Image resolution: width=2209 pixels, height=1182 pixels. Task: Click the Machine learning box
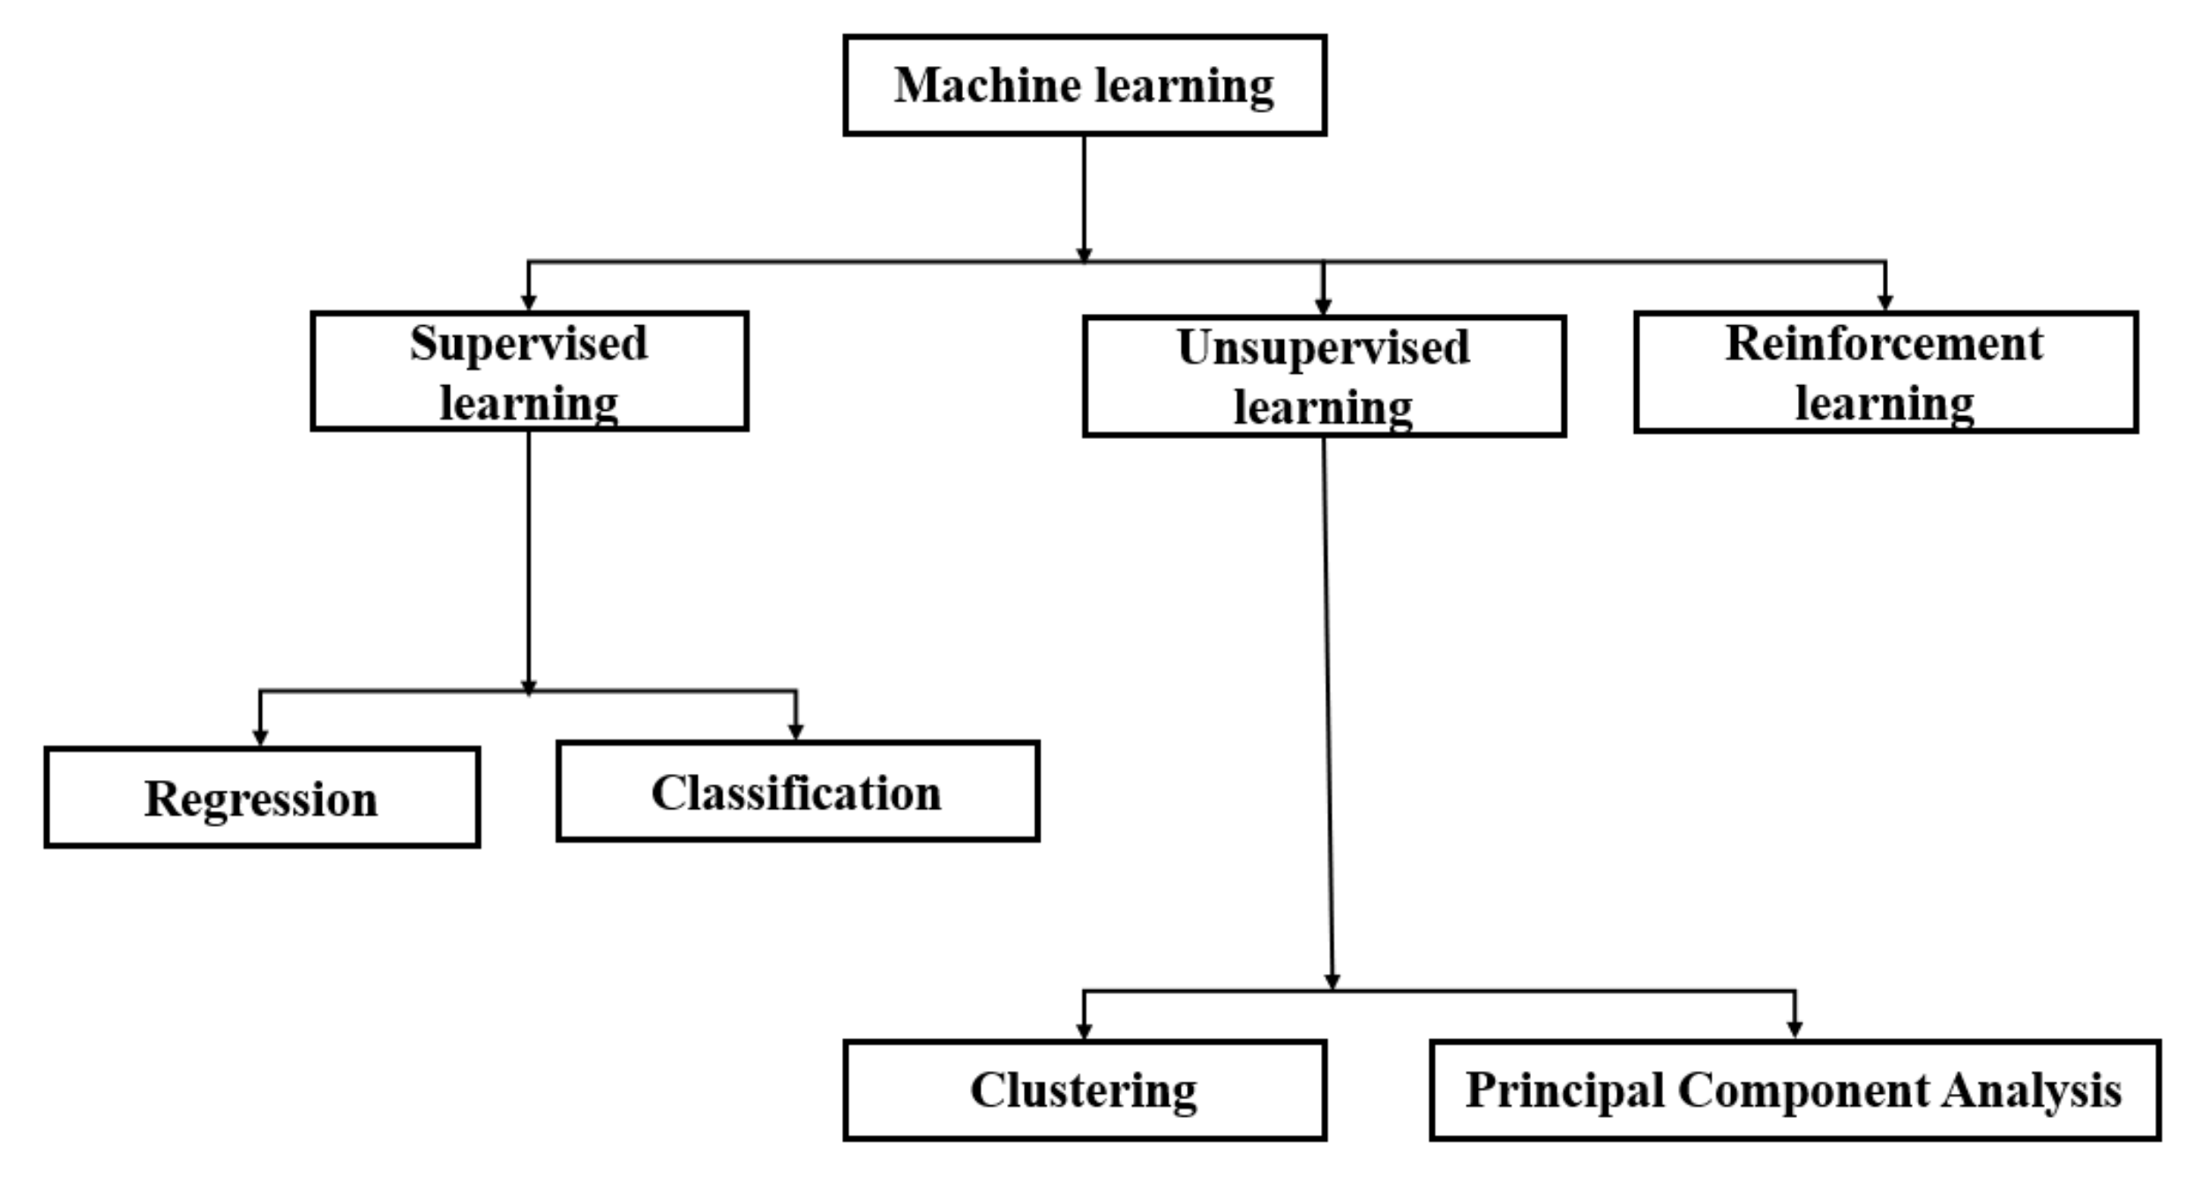coord(1084,85)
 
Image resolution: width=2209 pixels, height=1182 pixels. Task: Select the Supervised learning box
coord(529,371)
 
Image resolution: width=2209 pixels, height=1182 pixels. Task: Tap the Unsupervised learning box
coord(1324,376)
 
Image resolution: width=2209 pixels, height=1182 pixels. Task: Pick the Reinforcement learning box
coord(1885,372)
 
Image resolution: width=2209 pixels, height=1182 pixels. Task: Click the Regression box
coord(262,798)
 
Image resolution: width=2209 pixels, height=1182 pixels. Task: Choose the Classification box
coord(797,792)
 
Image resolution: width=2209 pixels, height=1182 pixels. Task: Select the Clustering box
coord(1084,1090)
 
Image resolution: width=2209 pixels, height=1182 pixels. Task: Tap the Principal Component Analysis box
coord(1795,1090)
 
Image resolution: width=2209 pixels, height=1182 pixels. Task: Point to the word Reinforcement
coord(1884,344)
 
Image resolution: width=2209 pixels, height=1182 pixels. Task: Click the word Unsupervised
coord(1323,348)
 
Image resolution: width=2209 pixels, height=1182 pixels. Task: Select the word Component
coord(1802,1090)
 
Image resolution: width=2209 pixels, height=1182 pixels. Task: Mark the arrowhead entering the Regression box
coord(260,738)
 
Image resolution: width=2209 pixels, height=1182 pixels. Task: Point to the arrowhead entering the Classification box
coord(795,732)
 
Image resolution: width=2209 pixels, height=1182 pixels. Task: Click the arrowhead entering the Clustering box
coord(1085,1031)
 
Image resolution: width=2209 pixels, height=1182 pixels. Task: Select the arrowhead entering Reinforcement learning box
coord(1885,302)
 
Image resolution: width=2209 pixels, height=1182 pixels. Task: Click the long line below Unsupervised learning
coord(1327,705)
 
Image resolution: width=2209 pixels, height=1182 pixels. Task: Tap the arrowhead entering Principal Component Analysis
coord(1795,1030)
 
